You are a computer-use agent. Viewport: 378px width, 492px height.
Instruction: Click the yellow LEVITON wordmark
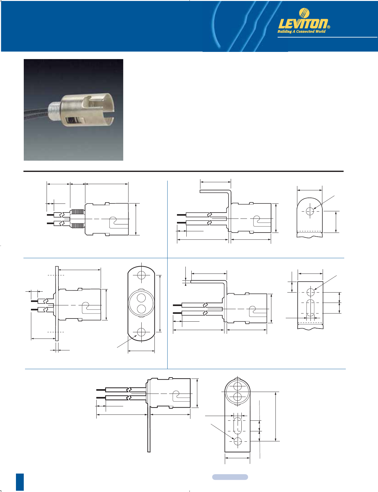pos(303,24)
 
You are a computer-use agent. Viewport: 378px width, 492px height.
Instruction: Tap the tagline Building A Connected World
pos(301,32)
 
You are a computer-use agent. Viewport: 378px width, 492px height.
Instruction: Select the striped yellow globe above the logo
pos(304,13)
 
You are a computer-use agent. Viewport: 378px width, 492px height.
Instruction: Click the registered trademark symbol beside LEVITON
pos(329,27)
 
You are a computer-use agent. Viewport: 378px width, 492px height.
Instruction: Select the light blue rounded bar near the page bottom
pos(230,477)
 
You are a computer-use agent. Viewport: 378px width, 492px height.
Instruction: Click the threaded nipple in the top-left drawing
pos(77,219)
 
